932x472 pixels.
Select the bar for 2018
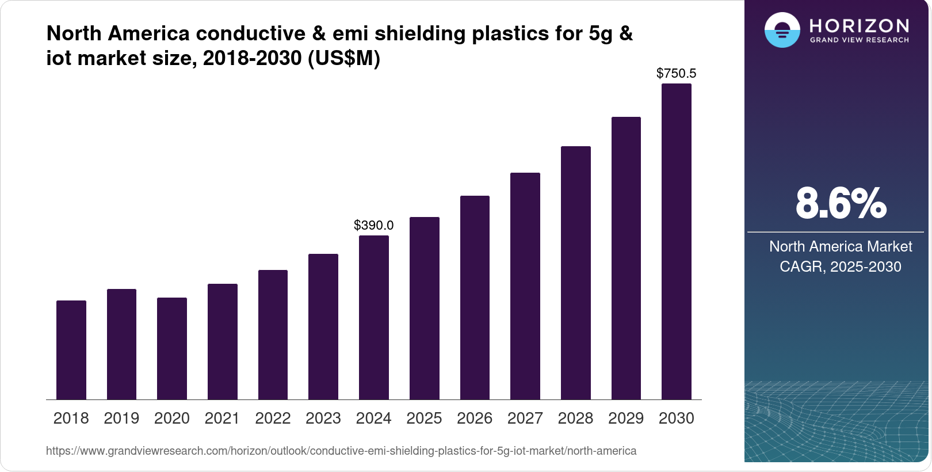71,350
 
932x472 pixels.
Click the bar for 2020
172,348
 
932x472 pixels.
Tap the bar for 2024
374,317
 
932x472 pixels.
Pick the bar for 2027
525,286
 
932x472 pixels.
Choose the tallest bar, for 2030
677,242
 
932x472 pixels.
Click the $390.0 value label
374,225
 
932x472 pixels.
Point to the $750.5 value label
677,73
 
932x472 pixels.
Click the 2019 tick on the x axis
121,418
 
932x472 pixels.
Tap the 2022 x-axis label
273,418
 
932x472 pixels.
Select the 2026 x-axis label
475,418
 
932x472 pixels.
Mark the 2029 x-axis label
626,418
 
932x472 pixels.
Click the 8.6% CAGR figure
841,203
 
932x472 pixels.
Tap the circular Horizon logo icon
782,30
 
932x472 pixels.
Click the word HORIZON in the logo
860,25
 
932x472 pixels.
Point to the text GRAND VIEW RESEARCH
860,40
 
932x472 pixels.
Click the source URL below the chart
341,451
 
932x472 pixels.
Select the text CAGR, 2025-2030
841,267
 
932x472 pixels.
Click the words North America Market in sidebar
841,246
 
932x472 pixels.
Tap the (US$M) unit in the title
344,58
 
